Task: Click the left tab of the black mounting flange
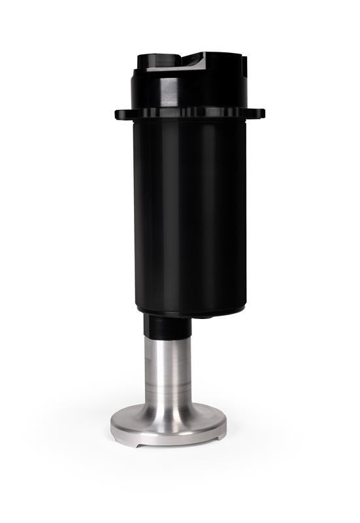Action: coord(121,115)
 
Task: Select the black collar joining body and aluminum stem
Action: coord(167,327)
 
